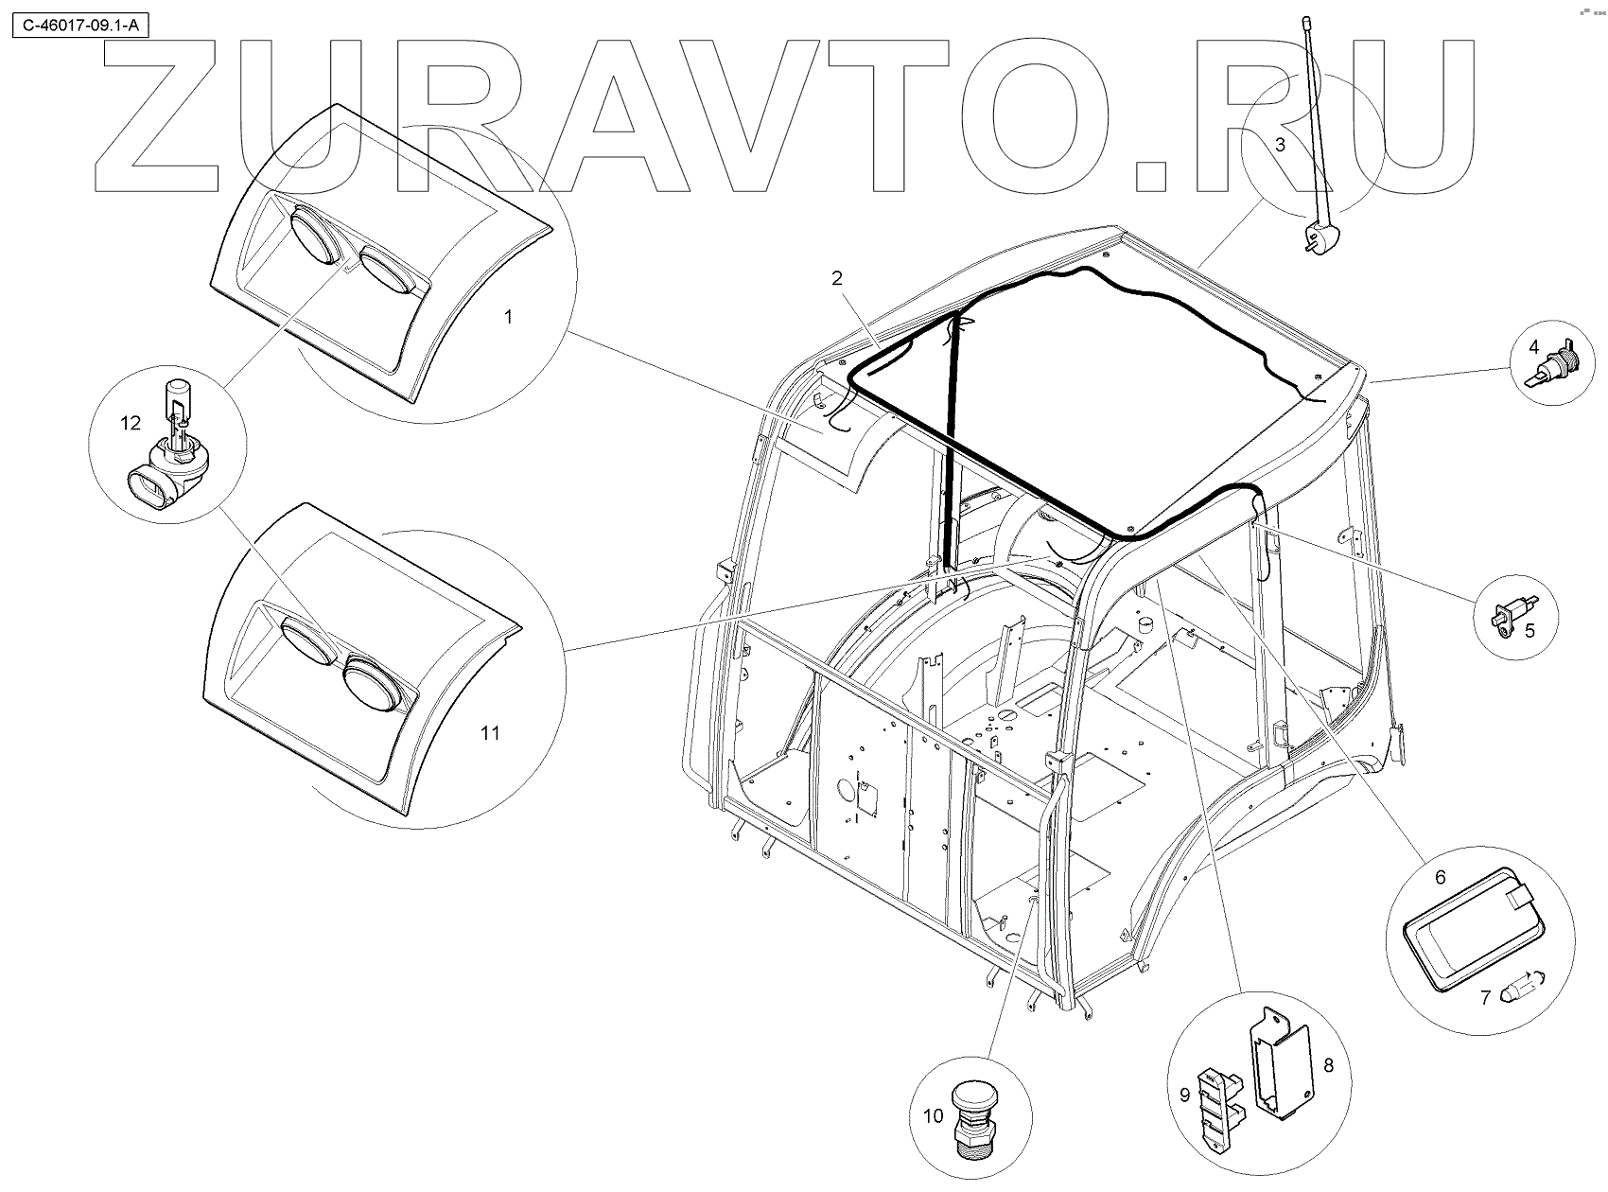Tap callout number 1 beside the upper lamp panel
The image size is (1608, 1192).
coord(508,317)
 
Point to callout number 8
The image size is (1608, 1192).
coord(1328,1065)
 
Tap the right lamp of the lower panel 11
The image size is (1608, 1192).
coord(374,680)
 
